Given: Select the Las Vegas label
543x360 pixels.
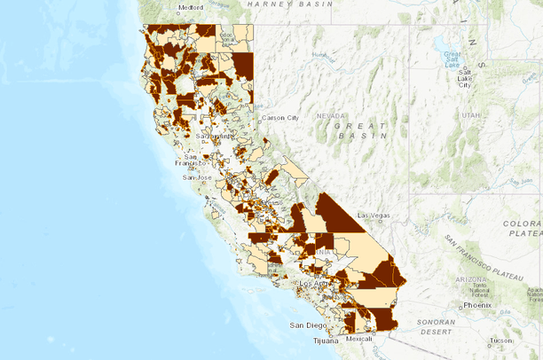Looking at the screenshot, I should [x=374, y=215].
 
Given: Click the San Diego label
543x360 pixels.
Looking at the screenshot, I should [x=309, y=325].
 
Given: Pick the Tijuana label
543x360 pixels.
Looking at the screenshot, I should [x=326, y=340].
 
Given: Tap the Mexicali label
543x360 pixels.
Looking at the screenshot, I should [x=359, y=339].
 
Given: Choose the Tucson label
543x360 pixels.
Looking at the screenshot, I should [x=502, y=340].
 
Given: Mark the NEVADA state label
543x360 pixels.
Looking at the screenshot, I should [x=330, y=116].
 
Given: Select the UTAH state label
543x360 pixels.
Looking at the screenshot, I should [x=469, y=116].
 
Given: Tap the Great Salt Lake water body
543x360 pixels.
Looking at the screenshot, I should [x=441, y=44].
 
